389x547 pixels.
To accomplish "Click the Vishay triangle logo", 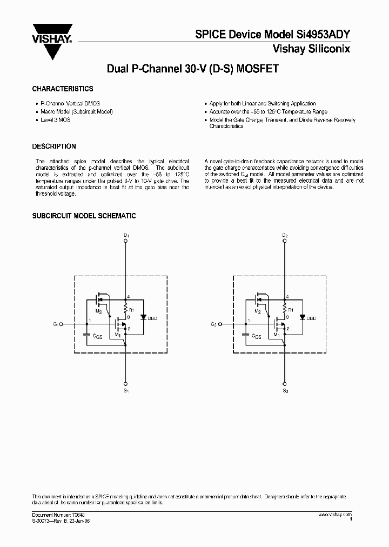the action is pyautogui.click(x=52, y=41).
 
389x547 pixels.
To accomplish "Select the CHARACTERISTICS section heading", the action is pyautogui.click(x=63, y=89).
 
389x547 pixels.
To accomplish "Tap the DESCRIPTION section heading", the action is pyautogui.click(x=54, y=146).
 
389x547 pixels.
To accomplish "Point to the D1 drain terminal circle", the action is pyautogui.click(x=126, y=242).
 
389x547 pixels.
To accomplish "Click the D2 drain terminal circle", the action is pyautogui.click(x=285, y=242).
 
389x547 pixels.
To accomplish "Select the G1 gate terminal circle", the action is pyautogui.click(x=61, y=324).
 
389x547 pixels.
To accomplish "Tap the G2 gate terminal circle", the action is pyautogui.click(x=220, y=324).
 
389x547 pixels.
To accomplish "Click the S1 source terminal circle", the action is pyautogui.click(x=126, y=379).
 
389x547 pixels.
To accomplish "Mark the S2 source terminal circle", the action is pyautogui.click(x=285, y=379).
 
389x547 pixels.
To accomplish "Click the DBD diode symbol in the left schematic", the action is pyautogui.click(x=143, y=318).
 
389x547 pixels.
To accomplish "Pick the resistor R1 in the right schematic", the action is pyautogui.click(x=285, y=310).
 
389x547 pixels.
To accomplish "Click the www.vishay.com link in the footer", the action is pyautogui.click(x=335, y=515).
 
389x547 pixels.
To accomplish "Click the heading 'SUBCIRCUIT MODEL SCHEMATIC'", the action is pyautogui.click(x=84, y=216).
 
